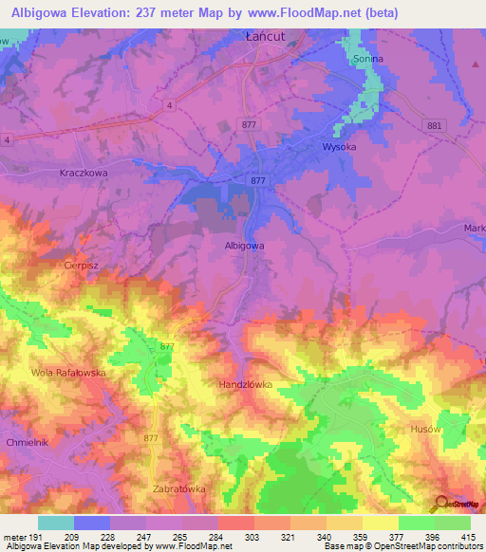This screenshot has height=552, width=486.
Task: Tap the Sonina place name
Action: [x=366, y=59]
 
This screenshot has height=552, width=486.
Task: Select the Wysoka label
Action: [x=339, y=147]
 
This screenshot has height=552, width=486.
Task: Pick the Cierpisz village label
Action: [x=83, y=265]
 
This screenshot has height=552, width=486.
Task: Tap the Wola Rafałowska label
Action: [x=67, y=373]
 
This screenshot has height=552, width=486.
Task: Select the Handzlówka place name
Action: [x=246, y=385]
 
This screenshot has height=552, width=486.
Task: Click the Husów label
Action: [x=427, y=429]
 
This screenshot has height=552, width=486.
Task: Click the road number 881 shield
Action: [x=435, y=125]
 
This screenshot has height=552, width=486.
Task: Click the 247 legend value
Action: [x=145, y=539]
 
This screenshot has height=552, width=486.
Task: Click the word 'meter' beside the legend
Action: [x=13, y=539]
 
